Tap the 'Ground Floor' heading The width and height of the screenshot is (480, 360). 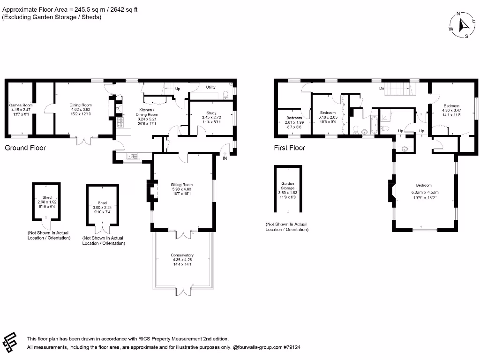click(25, 148)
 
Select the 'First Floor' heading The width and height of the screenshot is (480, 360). click(289, 148)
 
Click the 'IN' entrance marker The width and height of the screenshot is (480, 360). click(225, 158)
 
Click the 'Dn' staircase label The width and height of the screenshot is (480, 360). click(382, 88)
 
